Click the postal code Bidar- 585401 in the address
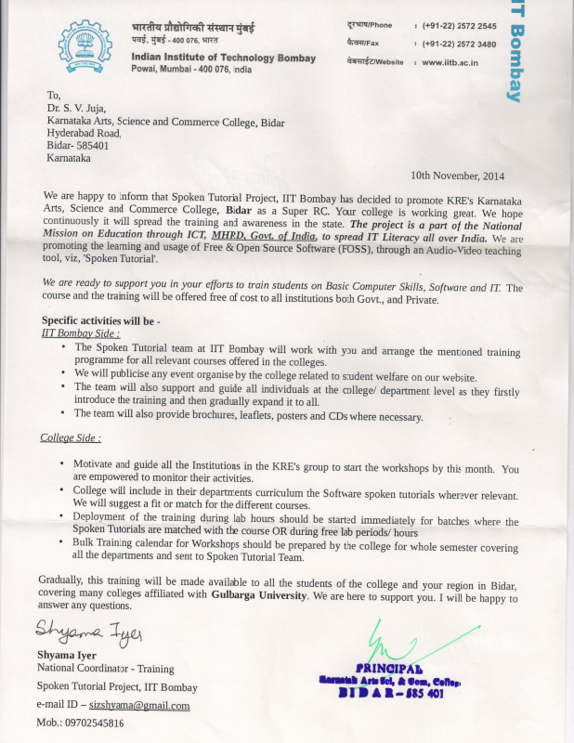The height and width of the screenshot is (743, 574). coord(78,146)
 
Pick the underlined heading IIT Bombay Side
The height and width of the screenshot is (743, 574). coord(81,332)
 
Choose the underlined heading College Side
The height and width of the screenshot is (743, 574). coord(71,437)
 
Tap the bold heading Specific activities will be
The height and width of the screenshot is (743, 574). coord(101,320)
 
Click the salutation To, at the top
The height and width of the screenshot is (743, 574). coord(53,95)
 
